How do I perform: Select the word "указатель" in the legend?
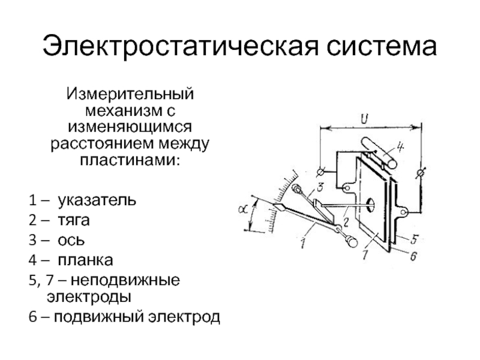pos(96,199)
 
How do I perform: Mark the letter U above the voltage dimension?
pos(364,118)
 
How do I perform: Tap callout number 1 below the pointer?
pos(304,243)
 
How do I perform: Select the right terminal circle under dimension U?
pos(421,173)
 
